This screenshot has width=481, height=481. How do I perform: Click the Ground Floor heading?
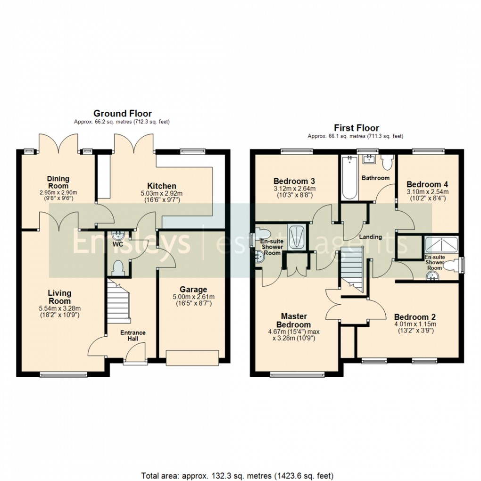(122, 114)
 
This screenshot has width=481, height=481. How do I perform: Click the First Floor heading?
(356, 128)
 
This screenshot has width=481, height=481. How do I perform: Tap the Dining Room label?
(58, 182)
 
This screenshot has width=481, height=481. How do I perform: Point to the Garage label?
(193, 290)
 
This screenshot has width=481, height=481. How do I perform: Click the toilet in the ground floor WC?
(116, 267)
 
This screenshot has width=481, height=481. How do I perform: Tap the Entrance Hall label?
(133, 336)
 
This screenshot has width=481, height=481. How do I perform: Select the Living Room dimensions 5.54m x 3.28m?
(59, 309)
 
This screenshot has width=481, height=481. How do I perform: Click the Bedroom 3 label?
(294, 181)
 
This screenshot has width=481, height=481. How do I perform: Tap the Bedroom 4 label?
(424, 184)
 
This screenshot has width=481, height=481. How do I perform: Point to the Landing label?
(370, 237)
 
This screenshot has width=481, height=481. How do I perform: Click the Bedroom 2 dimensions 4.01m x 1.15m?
(415, 324)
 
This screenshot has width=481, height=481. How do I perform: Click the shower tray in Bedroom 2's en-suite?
(441, 244)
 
